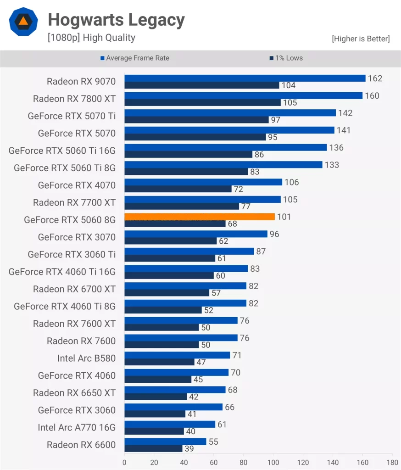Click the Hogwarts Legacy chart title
point(116,20)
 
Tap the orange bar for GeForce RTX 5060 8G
point(200,217)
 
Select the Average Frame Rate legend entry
point(135,58)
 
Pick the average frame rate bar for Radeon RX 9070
point(245,78)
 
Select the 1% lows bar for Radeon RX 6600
point(153,448)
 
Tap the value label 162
point(375,78)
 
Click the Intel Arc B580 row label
point(86,358)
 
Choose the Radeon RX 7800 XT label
point(74,99)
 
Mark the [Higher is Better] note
point(361,39)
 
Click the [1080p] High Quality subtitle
point(91,38)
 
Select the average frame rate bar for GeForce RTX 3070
point(195,234)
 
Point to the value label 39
point(189,449)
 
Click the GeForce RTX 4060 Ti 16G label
point(62,272)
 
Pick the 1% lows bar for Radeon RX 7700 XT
point(182,207)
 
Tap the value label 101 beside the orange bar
point(284,217)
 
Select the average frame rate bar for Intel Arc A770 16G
point(170,425)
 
